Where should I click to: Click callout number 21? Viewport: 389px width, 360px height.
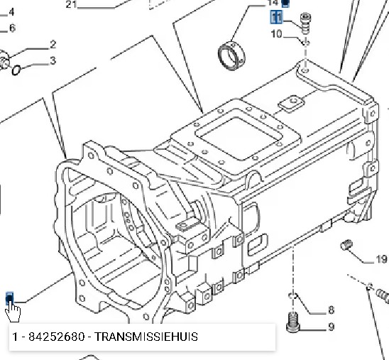tap(71, 4)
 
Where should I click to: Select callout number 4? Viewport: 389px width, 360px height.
tap(11, 12)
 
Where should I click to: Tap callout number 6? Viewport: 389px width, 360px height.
tap(12, 28)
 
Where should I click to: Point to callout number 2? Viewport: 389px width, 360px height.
tap(53, 45)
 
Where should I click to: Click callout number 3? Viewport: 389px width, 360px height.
tap(53, 60)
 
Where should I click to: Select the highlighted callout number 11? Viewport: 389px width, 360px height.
tap(276, 17)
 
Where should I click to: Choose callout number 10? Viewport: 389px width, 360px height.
tap(277, 34)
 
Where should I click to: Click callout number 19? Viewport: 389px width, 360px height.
tap(382, 259)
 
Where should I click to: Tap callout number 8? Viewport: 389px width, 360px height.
tap(332, 310)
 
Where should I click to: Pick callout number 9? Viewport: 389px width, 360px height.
tap(332, 327)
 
